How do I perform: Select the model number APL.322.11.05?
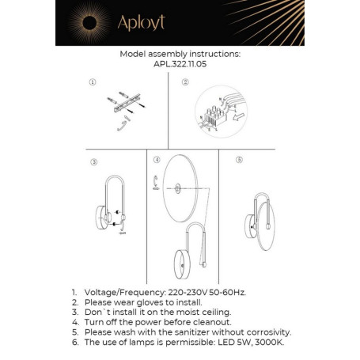tap(180, 66)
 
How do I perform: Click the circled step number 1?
tap(93, 82)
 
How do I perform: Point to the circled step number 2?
tap(185, 82)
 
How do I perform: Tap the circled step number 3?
tap(93, 163)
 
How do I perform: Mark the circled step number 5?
tap(240, 160)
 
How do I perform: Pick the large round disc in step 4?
tap(179, 189)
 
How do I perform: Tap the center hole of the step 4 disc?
tap(179, 188)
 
